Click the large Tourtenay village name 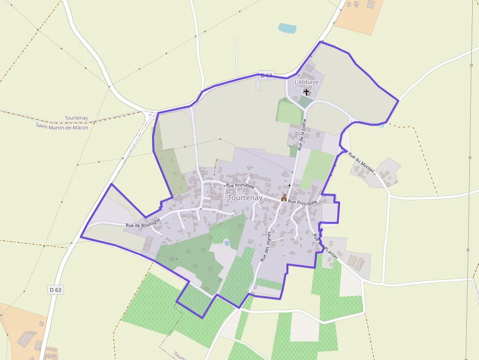pyautogui.click(x=245, y=198)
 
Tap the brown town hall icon pyautogui.click(x=284, y=198)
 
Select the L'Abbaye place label pyautogui.click(x=306, y=82)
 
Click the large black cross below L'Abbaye pyautogui.click(x=306, y=91)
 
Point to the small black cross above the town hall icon pyautogui.click(x=289, y=186)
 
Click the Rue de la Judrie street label pyautogui.click(x=302, y=134)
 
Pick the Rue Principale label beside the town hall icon pyautogui.click(x=303, y=201)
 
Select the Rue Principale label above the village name pyautogui.click(x=240, y=186)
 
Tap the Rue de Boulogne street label pyautogui.click(x=143, y=223)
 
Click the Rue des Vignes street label pyautogui.click(x=265, y=246)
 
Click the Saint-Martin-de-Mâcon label pyautogui.click(x=62, y=127)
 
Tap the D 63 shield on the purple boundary pyautogui.click(x=266, y=75)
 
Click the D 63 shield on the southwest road pyautogui.click(x=56, y=290)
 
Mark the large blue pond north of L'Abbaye pyautogui.click(x=287, y=28)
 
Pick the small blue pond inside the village pyautogui.click(x=226, y=243)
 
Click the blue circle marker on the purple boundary pyautogui.click(x=382, y=126)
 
